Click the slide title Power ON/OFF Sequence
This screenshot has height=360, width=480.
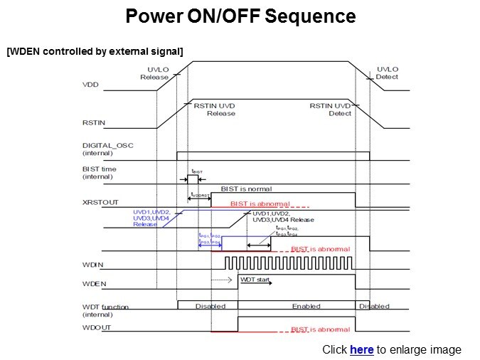click(240, 16)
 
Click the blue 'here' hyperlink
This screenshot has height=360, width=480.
click(361, 349)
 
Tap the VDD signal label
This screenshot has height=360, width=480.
click(90, 85)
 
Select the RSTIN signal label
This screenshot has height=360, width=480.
click(94, 122)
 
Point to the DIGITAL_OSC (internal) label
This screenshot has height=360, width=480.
click(107, 149)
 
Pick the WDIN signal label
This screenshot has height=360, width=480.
click(92, 265)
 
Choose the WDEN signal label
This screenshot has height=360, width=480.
click(93, 282)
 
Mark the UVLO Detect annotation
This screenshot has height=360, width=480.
click(388, 73)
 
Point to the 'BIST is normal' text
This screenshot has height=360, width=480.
click(247, 189)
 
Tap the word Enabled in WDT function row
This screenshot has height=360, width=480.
click(306, 306)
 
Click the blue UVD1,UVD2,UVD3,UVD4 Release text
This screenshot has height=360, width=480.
click(151, 218)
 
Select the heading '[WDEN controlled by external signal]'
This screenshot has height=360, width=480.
click(95, 51)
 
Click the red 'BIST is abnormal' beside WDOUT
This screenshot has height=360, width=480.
click(320, 329)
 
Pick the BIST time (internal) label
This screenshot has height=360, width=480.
click(100, 173)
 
